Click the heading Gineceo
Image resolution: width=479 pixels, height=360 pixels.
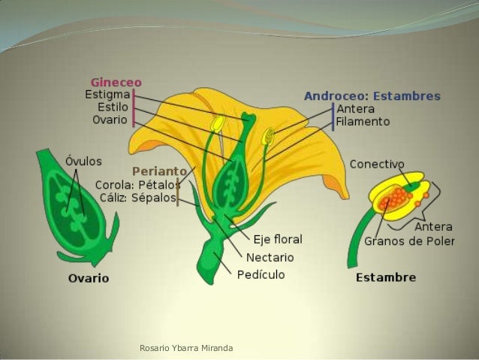click(116, 82)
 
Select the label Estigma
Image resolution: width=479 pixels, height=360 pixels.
click(107, 95)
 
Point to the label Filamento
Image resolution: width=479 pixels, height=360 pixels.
click(363, 122)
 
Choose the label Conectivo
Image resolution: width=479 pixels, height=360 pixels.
click(377, 163)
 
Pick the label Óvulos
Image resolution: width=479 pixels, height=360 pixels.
click(83, 161)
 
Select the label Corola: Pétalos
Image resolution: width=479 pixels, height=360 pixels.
click(137, 185)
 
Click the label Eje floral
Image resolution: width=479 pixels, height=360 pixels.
click(277, 240)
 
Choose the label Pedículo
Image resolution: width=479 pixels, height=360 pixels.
click(261, 275)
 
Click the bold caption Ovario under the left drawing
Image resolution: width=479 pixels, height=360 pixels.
click(88, 278)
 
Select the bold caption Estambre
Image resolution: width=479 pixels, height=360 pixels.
click(385, 277)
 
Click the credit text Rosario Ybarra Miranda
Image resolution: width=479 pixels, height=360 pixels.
click(186, 348)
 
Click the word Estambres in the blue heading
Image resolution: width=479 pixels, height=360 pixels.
click(406, 96)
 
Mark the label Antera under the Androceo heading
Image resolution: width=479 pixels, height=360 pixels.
click(355, 108)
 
